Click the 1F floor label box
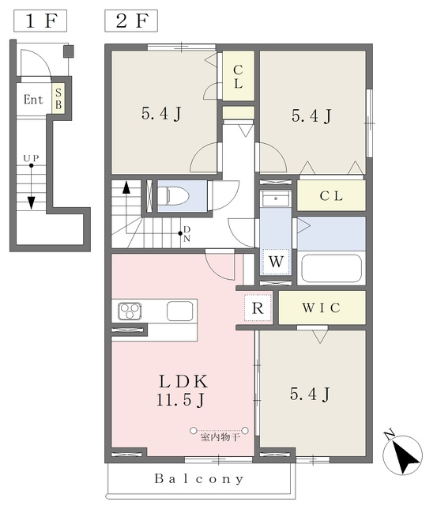tap(40, 21)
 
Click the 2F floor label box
tap(131, 21)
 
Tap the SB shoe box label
tap(58, 98)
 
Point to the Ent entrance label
tap(33, 100)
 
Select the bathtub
tap(331, 269)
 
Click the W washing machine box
tap(276, 262)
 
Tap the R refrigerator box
tap(258, 308)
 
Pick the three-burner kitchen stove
tap(130, 311)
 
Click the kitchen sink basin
tap(180, 311)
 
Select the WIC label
tap(321, 308)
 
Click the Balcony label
tap(199, 478)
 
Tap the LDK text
tap(183, 381)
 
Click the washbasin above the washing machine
tap(276, 198)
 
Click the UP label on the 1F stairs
tap(31, 158)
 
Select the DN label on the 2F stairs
tap(187, 234)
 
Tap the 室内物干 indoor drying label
tap(220, 437)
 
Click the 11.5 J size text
tap(181, 400)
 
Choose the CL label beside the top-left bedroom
tap(238, 77)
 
